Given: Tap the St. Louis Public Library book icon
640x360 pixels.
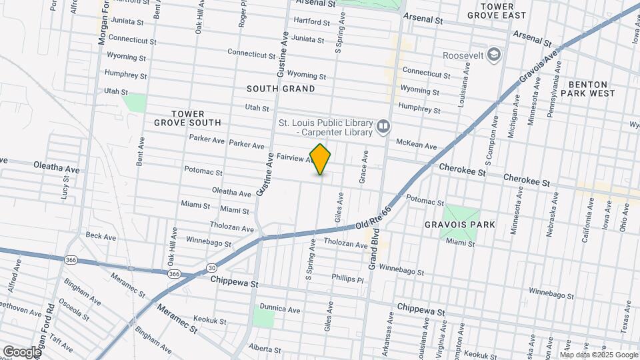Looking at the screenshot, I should pos(383,127).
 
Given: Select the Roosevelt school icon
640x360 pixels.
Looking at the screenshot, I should pos(494,53).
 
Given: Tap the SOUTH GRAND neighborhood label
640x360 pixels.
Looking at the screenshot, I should pos(280,88).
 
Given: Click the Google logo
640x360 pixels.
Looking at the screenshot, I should pos(21,351).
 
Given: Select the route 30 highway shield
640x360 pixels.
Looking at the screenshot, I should pos(211,267).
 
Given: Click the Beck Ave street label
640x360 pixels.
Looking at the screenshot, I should pos(101,236).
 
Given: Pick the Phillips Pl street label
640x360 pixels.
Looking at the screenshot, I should pos(348,278).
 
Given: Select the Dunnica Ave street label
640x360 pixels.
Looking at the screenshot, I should pos(280,309).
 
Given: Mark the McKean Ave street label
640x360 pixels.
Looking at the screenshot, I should pos(416,145).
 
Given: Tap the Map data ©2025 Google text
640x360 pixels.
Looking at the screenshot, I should pos(598,354).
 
